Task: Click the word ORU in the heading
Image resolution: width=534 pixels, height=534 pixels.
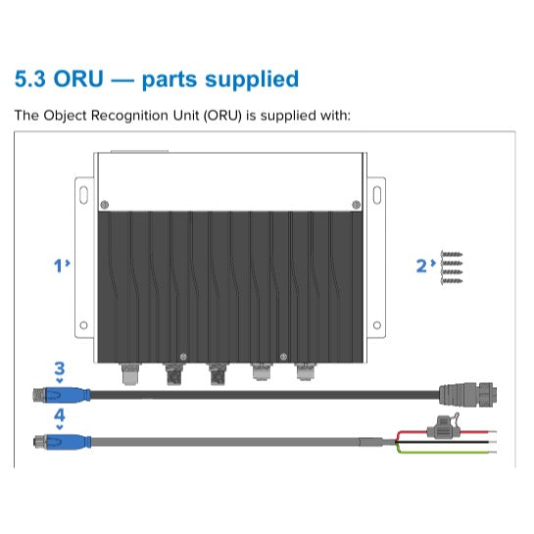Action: point(78,79)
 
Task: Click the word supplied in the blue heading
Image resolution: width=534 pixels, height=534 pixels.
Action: point(252,80)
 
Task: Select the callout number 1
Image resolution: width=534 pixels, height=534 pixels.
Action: point(58,266)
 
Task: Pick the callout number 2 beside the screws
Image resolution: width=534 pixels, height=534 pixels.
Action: point(421,266)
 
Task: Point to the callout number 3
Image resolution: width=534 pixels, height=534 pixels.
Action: point(60,368)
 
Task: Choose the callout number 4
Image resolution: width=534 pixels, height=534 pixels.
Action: point(60,415)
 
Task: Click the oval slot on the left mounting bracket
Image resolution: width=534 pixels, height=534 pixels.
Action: point(83,195)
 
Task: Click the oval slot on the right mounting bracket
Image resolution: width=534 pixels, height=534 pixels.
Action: point(377,195)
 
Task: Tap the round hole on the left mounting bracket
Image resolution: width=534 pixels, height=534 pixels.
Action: point(83,325)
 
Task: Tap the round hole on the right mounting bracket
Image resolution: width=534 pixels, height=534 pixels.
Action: point(377,325)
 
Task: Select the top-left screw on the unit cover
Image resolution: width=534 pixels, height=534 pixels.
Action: point(105,205)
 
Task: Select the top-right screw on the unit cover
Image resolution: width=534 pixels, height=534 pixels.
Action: point(357,205)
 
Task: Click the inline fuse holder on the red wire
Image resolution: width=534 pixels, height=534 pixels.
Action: point(443,428)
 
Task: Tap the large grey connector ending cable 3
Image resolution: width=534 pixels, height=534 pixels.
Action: point(467,395)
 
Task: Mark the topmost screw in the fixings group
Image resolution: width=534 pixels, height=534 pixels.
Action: point(452,255)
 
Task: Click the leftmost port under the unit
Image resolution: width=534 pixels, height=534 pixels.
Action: point(130,373)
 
